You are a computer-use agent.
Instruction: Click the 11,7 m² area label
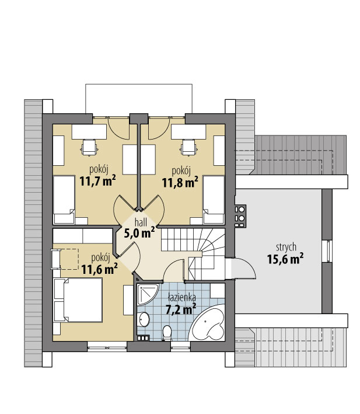tap(97, 181)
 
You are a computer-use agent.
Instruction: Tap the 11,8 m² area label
tap(180, 182)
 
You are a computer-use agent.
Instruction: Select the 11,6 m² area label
tap(99, 269)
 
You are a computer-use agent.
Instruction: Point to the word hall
tap(141, 222)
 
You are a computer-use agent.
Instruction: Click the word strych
tap(286, 248)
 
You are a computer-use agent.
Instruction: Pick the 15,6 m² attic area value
tap(285, 259)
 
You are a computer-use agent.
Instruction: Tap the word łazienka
tap(182, 298)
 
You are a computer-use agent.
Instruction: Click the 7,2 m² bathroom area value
tap(181, 309)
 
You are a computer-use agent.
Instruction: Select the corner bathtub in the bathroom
tap(207, 323)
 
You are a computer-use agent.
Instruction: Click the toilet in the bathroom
tap(167, 332)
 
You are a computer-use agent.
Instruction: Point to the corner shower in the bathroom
tap(148, 294)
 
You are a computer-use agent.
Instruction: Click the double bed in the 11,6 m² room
tap(78, 300)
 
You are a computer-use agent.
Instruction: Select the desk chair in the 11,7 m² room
tap(89, 148)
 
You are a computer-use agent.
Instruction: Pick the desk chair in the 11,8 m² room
tap(188, 148)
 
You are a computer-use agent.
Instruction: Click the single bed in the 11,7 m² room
tap(64, 200)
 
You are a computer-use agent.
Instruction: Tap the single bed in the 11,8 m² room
tap(214, 200)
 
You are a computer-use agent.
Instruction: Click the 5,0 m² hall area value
tap(139, 234)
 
